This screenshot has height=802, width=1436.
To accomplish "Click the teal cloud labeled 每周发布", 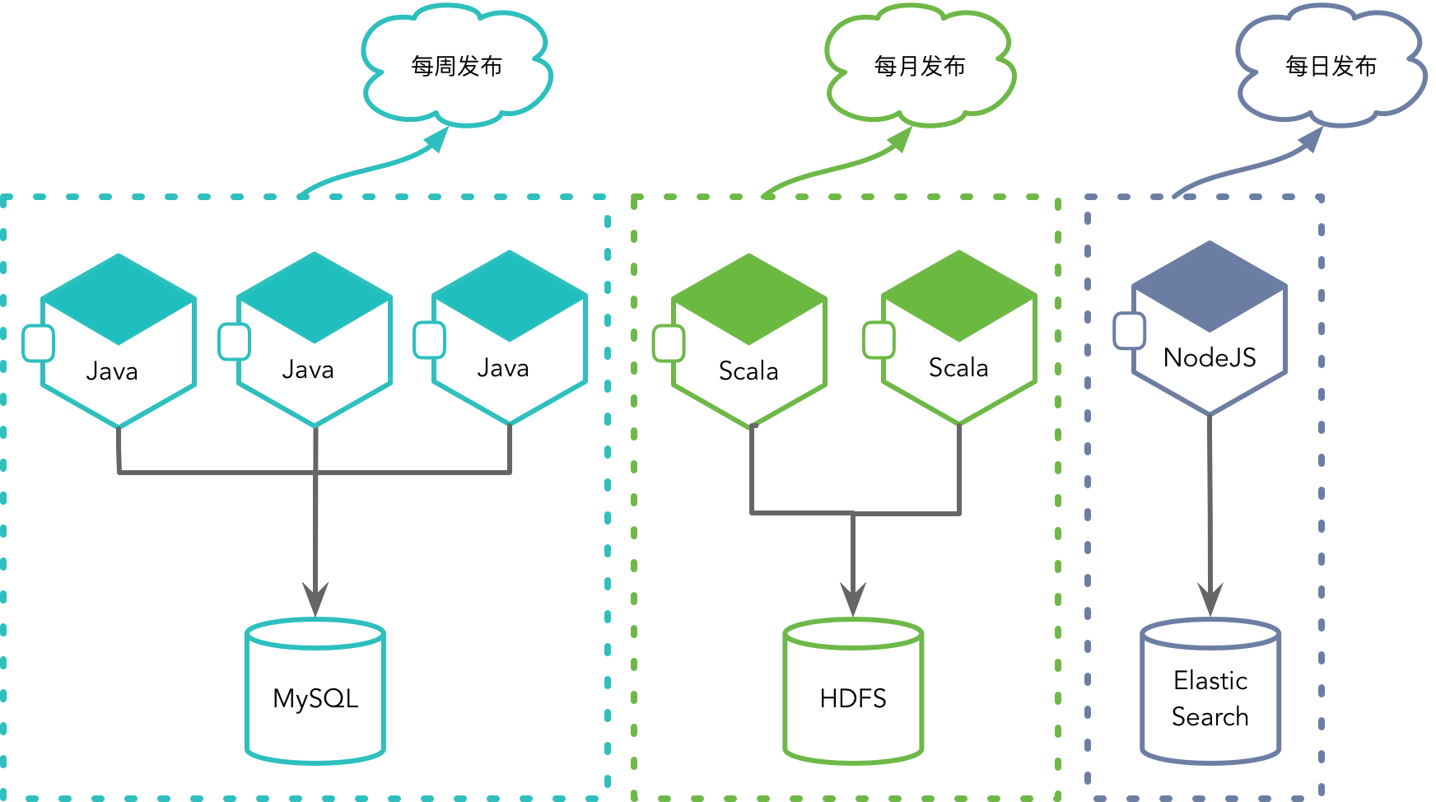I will click(x=457, y=66).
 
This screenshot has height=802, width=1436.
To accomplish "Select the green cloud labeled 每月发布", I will click(x=920, y=66).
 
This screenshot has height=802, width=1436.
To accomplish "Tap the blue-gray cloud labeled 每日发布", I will click(x=1331, y=66).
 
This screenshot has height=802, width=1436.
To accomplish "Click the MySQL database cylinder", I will click(x=315, y=692).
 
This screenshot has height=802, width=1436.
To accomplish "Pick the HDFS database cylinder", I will click(x=853, y=692).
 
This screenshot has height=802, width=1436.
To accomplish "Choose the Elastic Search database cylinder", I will click(x=1210, y=692).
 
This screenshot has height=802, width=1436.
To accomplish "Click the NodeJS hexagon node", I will click(x=1210, y=329).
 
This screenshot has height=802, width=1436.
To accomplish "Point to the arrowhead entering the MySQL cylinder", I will click(x=315, y=599).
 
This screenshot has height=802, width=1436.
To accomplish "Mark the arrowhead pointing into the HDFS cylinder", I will click(x=853, y=599).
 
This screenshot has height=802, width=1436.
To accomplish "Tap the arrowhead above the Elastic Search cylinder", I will click(x=1210, y=599).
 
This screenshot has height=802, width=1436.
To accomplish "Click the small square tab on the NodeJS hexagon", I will click(x=1129, y=331).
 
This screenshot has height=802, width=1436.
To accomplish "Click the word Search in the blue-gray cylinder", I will click(x=1210, y=716).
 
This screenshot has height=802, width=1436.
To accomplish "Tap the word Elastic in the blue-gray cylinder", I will click(x=1210, y=681).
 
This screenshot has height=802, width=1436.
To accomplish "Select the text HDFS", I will click(x=853, y=698).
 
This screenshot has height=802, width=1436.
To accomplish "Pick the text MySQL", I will click(x=315, y=698).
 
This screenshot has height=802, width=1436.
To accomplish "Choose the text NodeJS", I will click(x=1210, y=357).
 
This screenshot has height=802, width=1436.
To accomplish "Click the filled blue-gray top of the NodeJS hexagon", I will click(x=1210, y=284).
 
